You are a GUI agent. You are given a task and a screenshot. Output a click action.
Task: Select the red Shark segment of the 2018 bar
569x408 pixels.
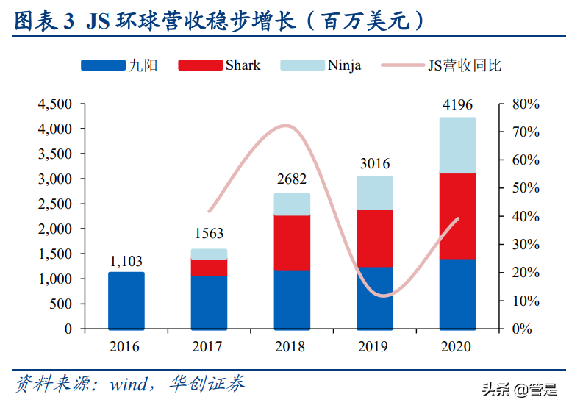click(x=292, y=243)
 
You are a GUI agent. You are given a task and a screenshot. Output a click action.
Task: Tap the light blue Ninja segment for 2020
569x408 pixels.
click(x=457, y=145)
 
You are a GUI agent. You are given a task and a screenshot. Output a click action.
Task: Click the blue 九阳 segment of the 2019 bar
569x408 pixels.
click(x=375, y=298)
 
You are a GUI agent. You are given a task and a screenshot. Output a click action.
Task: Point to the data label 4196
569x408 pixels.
click(x=457, y=106)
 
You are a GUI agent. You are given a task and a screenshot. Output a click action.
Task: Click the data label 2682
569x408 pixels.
click(x=292, y=179)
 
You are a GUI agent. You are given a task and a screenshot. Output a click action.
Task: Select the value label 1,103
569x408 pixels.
click(x=126, y=261)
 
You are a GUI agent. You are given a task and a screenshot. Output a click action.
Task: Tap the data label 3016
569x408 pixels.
click(x=375, y=163)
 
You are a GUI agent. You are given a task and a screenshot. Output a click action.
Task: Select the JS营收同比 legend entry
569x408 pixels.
click(x=441, y=65)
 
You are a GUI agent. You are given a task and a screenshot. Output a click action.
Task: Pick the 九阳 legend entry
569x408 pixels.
click(x=118, y=65)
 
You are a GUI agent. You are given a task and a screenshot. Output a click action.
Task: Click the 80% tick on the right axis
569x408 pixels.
click(x=526, y=104)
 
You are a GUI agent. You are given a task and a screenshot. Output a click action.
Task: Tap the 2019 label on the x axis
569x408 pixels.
click(x=375, y=346)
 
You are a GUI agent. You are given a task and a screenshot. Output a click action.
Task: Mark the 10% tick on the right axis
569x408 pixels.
click(x=526, y=301)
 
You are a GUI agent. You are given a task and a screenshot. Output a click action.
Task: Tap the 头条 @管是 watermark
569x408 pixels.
click(x=519, y=390)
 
